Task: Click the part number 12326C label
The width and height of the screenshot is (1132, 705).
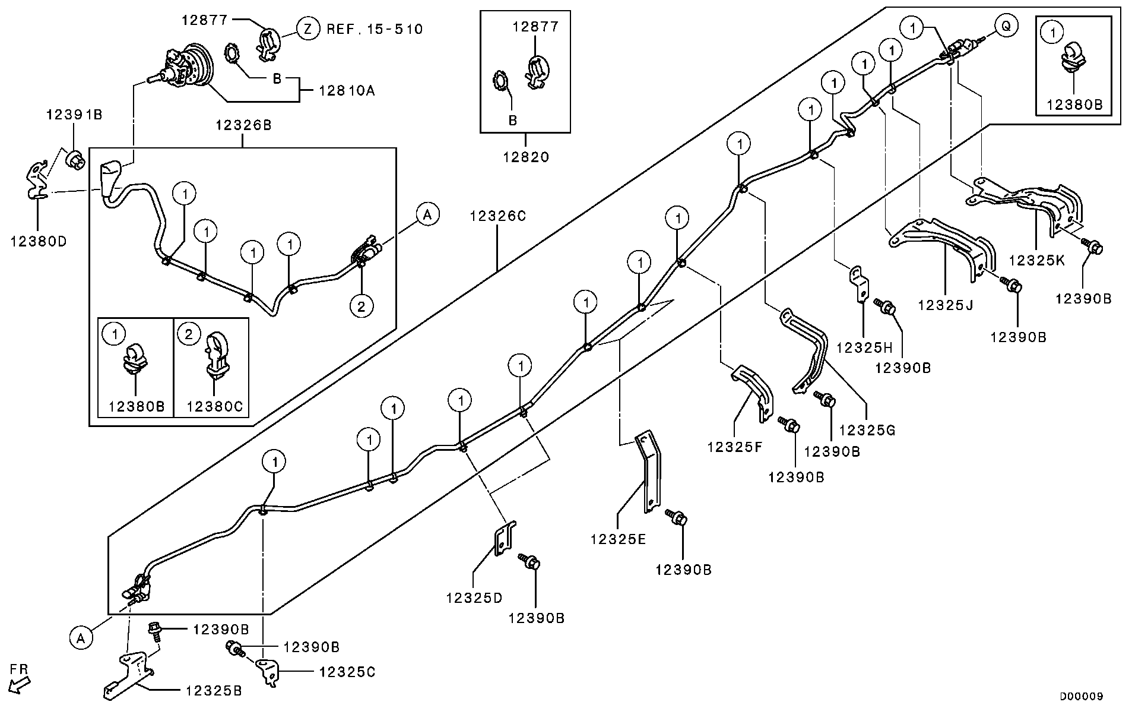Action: [x=497, y=216]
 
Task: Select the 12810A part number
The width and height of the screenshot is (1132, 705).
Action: [x=347, y=91]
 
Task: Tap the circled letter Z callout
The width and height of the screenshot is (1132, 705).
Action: [x=308, y=29]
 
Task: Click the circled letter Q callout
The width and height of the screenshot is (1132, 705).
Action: [x=1006, y=26]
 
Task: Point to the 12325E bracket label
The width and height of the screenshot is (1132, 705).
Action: [x=619, y=539]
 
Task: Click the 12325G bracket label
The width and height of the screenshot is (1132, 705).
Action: [x=867, y=429]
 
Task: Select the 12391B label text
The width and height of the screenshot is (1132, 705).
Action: [x=74, y=115]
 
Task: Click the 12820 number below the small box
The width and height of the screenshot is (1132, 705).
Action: [x=526, y=157]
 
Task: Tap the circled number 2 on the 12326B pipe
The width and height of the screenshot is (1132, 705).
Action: [x=362, y=306]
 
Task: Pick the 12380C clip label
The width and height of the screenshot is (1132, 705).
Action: [x=214, y=406]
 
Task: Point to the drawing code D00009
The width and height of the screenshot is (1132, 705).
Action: [x=1082, y=696]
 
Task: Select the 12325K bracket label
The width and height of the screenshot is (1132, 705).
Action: [x=1036, y=260]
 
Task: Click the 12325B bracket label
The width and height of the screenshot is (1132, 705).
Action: [x=213, y=691]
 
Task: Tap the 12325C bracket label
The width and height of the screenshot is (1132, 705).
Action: [x=347, y=672]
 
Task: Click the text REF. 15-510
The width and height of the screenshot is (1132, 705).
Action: [x=375, y=29]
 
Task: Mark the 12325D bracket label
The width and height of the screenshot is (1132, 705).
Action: [x=474, y=597]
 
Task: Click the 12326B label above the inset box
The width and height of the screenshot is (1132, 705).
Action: [x=243, y=125]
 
